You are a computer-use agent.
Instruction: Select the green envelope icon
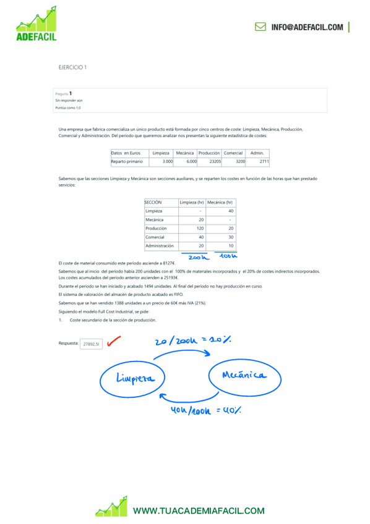[x=260, y=27]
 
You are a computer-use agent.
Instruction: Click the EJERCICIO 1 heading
[x=72, y=67]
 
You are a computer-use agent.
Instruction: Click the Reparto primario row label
[x=127, y=161]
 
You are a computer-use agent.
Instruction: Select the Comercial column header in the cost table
[x=233, y=153]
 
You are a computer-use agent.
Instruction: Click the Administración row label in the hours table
[x=159, y=245]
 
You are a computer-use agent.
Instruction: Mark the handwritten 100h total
[x=228, y=256]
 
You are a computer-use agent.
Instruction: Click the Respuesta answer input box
[x=92, y=344]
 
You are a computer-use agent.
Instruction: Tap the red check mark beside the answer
[x=113, y=342]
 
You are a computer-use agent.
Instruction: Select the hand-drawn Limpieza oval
[x=133, y=379]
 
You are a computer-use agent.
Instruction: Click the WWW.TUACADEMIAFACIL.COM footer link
[x=199, y=511]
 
